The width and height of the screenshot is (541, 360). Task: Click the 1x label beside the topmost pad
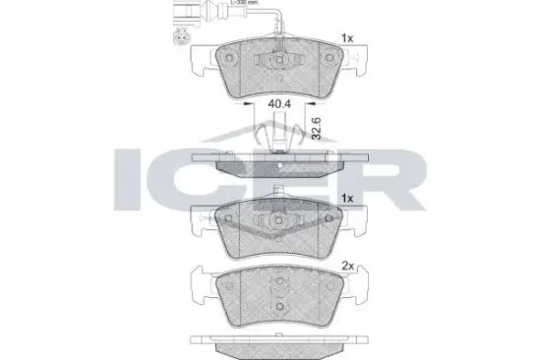click(x=347, y=38)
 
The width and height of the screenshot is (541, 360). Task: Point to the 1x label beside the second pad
click(x=347, y=198)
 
